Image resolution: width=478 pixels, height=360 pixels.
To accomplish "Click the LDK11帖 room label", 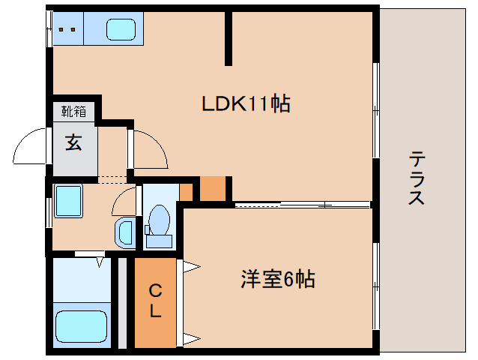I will [246, 104].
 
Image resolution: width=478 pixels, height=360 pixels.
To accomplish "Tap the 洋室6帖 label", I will [277, 280].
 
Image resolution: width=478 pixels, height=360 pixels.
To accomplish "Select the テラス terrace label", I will [417, 178].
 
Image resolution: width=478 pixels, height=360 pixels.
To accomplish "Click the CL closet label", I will [155, 300].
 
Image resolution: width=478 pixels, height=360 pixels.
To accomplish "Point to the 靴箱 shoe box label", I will [73, 112].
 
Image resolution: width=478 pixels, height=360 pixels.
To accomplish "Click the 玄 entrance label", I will [73, 142].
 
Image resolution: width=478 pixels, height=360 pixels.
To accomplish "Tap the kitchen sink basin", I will [120, 30].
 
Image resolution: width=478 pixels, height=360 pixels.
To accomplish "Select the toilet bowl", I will [158, 220].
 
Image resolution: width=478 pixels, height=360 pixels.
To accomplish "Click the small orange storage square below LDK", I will [212, 189].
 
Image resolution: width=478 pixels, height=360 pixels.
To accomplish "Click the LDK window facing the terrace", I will [376, 110].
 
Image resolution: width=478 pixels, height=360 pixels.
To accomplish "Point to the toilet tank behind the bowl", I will [158, 241].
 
